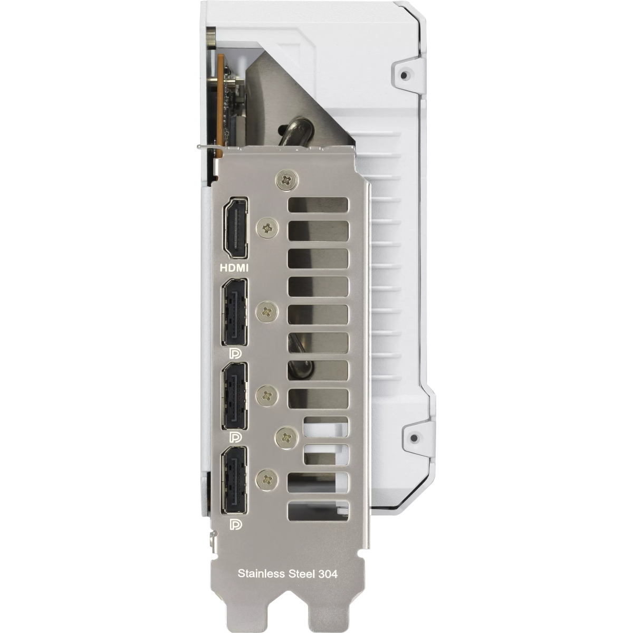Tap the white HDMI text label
click(234, 268)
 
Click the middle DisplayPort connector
click(235, 396)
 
